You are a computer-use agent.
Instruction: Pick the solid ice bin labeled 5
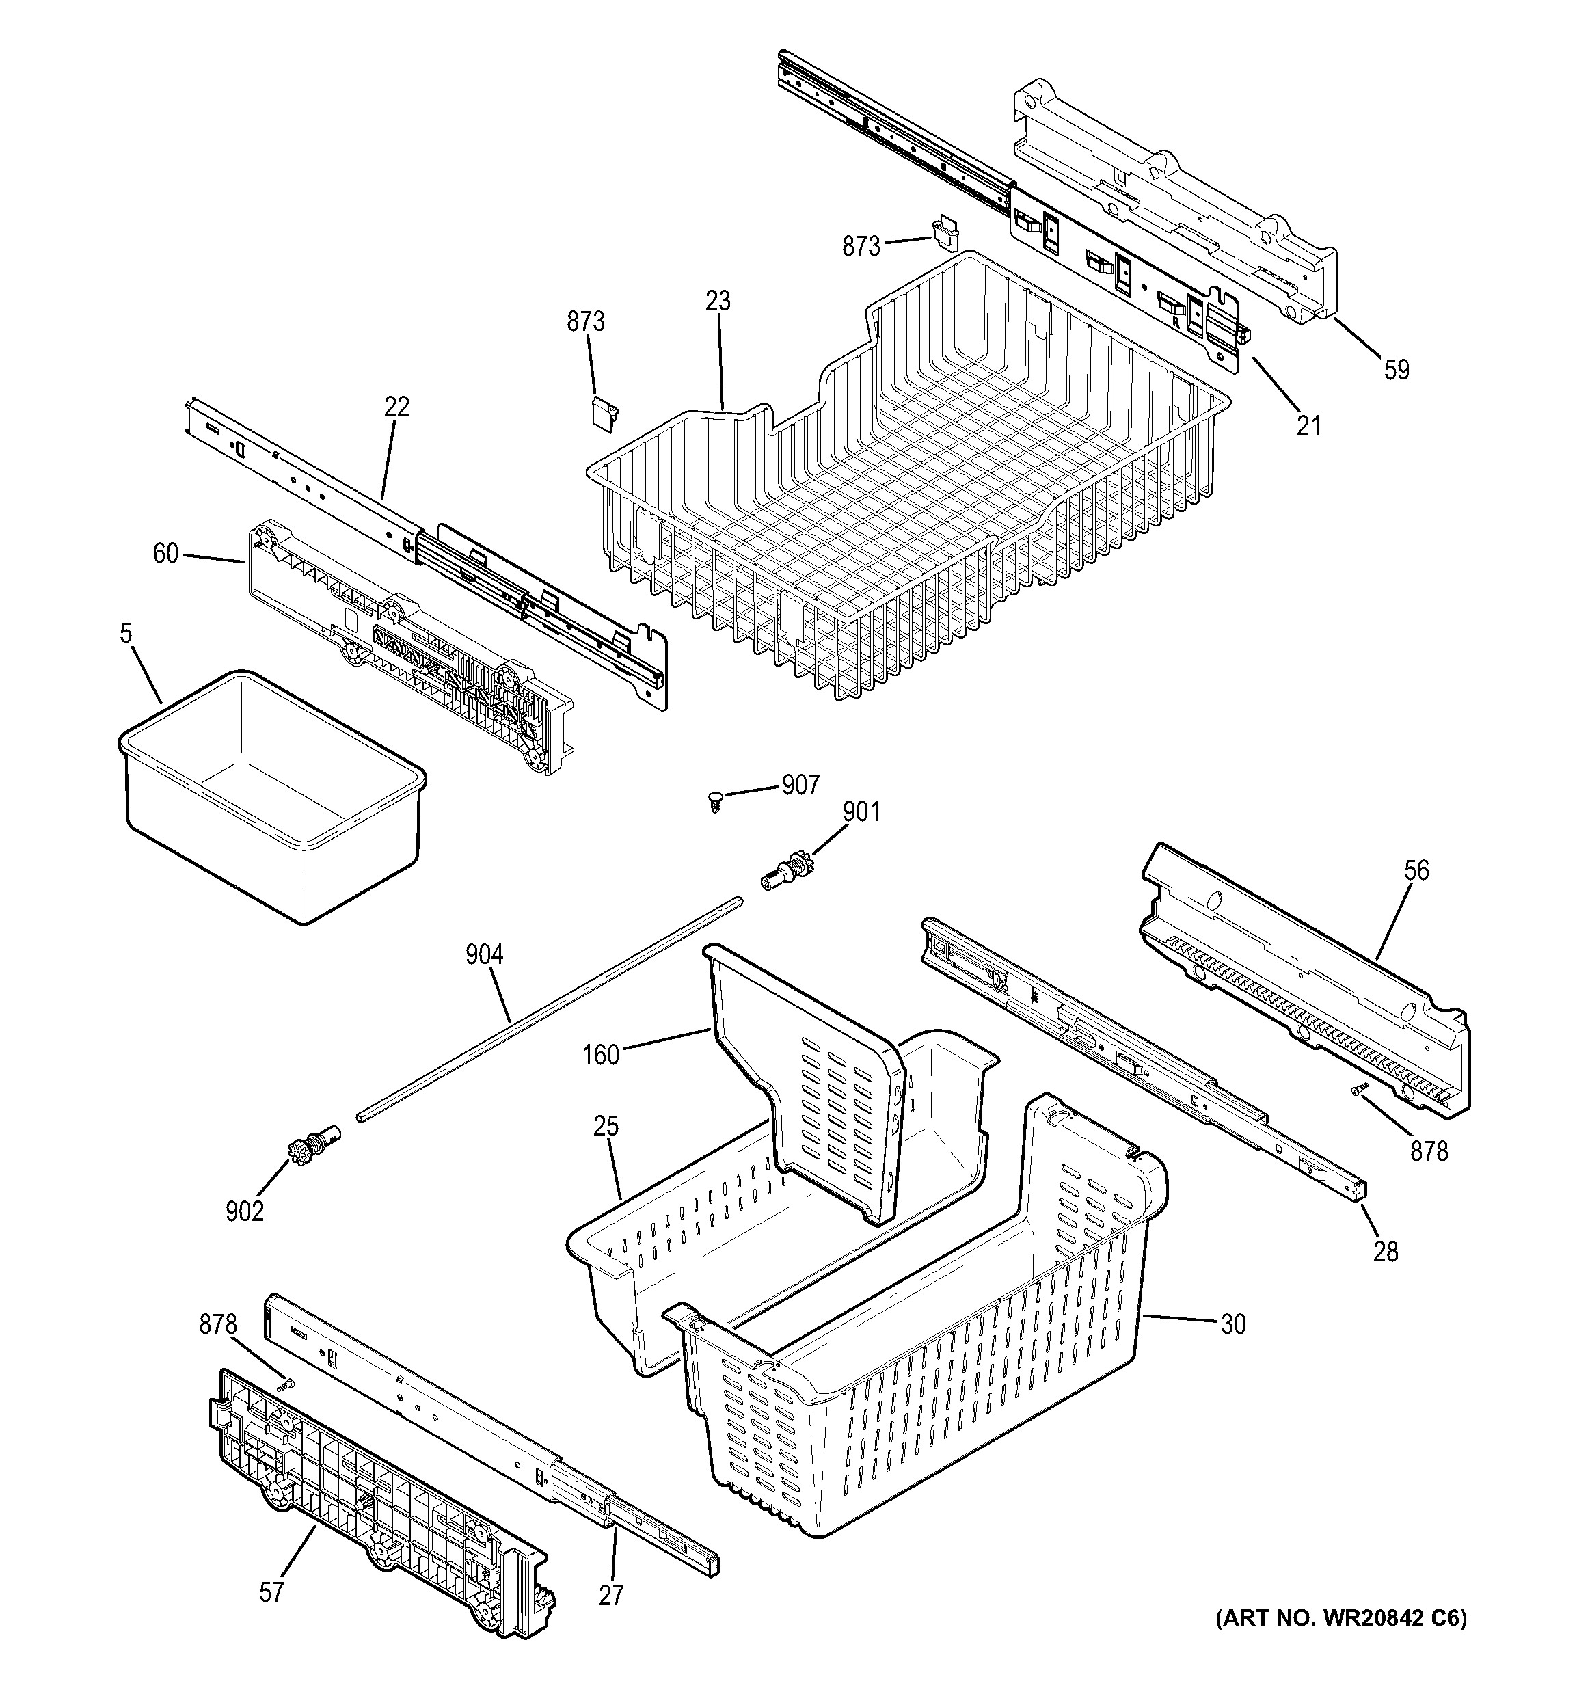[272, 792]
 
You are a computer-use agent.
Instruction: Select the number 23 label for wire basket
[718, 301]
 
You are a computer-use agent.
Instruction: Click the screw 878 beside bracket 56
[1360, 1088]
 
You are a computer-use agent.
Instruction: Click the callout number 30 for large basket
[1232, 1324]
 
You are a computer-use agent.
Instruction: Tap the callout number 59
[1396, 371]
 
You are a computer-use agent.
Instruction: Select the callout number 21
[1308, 425]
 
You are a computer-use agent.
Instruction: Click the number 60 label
[165, 554]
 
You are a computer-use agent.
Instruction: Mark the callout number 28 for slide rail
[1386, 1251]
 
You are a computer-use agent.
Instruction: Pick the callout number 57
[271, 1592]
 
